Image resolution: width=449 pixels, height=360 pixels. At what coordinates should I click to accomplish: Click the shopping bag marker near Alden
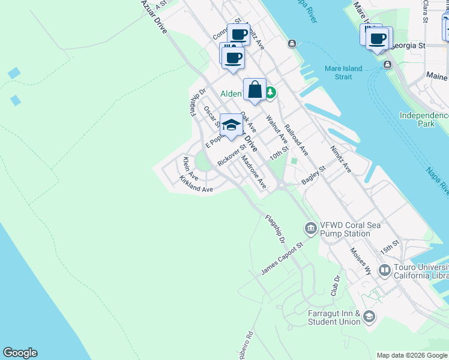click(x=255, y=90)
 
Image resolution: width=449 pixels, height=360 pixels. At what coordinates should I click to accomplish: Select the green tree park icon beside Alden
click(x=271, y=92)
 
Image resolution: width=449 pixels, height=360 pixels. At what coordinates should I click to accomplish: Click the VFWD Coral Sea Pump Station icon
click(x=311, y=227)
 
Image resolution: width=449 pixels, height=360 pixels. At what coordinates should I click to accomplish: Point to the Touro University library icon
click(x=384, y=271)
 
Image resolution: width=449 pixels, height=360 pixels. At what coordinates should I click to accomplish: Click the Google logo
click(x=20, y=353)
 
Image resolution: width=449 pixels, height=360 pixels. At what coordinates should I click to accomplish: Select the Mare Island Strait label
click(x=343, y=73)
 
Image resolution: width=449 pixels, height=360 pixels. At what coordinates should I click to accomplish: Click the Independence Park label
click(x=425, y=119)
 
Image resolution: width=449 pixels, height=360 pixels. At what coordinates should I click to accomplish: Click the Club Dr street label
click(x=336, y=286)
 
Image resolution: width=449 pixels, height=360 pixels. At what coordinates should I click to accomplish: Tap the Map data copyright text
click(x=412, y=355)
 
